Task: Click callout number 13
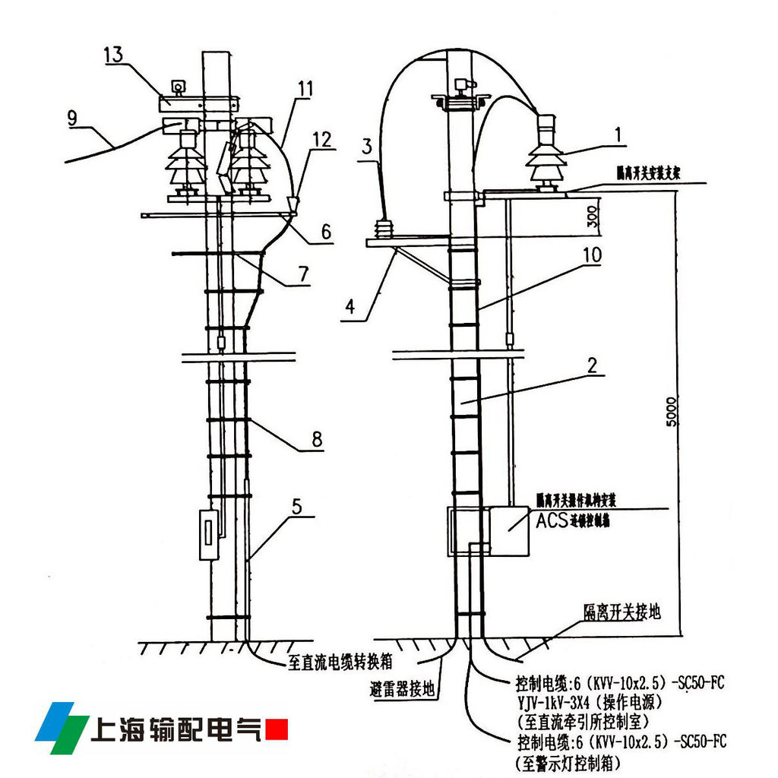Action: (113, 55)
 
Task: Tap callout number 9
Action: (72, 118)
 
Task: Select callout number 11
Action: (304, 89)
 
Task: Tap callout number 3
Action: (366, 147)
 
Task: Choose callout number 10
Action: (593, 256)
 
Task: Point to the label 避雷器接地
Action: (403, 690)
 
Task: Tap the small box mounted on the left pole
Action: (208, 535)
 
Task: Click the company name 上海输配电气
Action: (176, 729)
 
